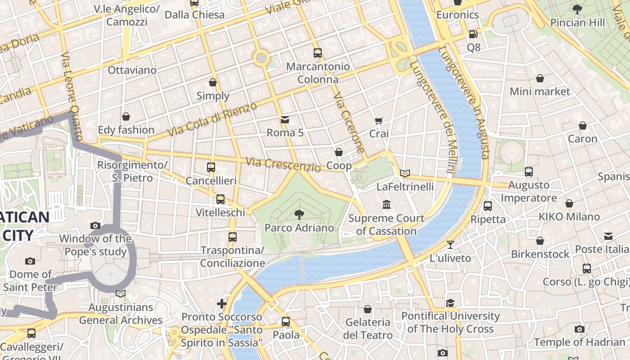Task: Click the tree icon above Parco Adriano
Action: coord(299,214)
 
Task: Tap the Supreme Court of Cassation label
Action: coord(386,225)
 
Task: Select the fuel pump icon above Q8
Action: coord(473,34)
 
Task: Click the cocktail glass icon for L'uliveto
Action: coord(450,245)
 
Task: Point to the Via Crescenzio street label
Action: coord(283,165)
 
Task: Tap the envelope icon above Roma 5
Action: coord(285,119)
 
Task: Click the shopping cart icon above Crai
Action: coord(378,121)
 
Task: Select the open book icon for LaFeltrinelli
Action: coord(405,173)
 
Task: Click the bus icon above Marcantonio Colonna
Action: coord(318,53)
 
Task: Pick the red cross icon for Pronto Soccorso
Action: coord(222,304)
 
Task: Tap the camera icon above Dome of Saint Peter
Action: coord(30,261)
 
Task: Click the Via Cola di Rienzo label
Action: coord(212,120)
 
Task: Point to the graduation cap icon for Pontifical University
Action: coord(450,303)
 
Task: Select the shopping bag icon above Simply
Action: coord(213,82)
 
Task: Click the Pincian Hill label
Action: coord(577,22)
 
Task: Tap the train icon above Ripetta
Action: coord(488,206)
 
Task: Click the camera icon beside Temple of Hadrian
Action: coord(580,329)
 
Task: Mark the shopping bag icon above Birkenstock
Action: coord(540,241)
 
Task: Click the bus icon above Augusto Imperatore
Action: coord(529,171)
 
